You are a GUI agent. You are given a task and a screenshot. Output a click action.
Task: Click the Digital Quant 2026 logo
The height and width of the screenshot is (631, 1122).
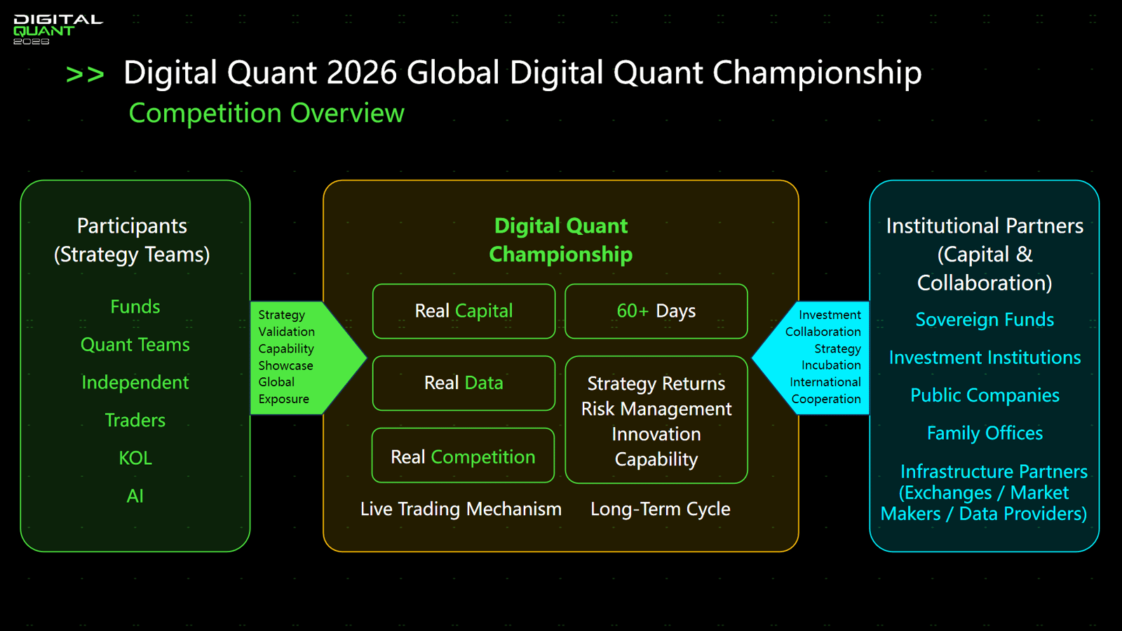pyautogui.click(x=58, y=29)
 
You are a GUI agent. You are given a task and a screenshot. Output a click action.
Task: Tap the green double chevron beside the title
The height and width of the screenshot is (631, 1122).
pyautogui.click(x=85, y=74)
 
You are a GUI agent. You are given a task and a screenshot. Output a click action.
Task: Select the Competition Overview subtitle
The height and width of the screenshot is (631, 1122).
pyautogui.click(x=266, y=113)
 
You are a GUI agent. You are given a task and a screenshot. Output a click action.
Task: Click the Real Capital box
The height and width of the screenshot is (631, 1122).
pyautogui.click(x=464, y=311)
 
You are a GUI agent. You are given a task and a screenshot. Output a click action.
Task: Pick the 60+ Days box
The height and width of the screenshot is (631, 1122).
pyautogui.click(x=656, y=311)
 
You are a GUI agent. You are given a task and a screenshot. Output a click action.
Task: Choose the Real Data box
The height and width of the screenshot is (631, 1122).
pyautogui.click(x=464, y=383)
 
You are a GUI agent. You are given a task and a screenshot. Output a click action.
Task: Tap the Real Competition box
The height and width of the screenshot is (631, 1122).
pyautogui.click(x=463, y=455)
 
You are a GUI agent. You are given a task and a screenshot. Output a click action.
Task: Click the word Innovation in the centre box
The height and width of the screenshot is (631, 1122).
pyautogui.click(x=656, y=434)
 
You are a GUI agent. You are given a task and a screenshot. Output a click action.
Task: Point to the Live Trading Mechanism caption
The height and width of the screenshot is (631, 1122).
pyautogui.click(x=461, y=509)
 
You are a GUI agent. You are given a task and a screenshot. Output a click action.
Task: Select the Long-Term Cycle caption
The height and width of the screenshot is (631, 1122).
pyautogui.click(x=660, y=509)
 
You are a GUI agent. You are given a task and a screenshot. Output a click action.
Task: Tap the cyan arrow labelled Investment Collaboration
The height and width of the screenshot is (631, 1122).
pyautogui.click(x=811, y=358)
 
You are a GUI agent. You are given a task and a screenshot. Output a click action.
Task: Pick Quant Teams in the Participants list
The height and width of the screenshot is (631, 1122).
pyautogui.click(x=135, y=344)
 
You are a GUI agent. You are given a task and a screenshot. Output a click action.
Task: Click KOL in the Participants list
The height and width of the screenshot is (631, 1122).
pyautogui.click(x=135, y=459)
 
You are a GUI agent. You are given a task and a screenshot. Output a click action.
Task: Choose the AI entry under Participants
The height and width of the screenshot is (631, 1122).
pyautogui.click(x=135, y=496)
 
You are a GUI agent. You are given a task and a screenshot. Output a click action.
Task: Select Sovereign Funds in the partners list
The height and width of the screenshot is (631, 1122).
pyautogui.click(x=985, y=320)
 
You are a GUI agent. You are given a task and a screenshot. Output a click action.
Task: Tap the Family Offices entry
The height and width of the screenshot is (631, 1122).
pyautogui.click(x=985, y=433)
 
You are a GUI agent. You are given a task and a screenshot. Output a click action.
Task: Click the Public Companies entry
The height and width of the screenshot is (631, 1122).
pyautogui.click(x=985, y=395)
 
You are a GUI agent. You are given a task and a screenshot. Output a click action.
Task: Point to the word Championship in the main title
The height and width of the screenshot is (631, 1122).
pyautogui.click(x=817, y=73)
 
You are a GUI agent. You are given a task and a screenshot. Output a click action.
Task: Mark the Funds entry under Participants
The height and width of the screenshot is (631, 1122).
pyautogui.click(x=135, y=306)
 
